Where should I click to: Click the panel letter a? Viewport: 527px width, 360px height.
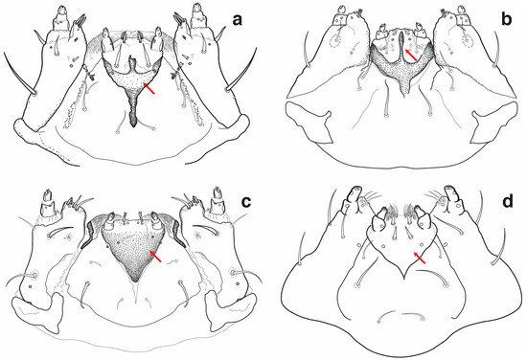(238, 20)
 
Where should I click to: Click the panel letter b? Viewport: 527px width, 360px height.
(507, 19)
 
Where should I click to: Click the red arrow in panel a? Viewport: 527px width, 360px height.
(149, 88)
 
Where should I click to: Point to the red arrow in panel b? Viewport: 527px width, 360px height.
(411, 56)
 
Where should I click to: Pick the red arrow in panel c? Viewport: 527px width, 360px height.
(155, 256)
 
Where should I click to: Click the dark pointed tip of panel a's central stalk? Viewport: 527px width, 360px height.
(134, 124)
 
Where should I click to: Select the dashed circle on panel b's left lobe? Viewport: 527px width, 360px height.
(335, 41)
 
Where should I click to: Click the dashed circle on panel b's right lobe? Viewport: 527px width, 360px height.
(469, 41)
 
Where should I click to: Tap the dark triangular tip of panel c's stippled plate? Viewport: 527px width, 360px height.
(136, 278)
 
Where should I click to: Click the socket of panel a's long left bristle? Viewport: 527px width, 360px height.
(34, 92)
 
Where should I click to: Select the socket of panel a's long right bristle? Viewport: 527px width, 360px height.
(229, 90)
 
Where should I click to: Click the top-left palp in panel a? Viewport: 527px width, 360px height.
(61, 18)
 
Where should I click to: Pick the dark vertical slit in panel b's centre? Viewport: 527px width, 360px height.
(401, 43)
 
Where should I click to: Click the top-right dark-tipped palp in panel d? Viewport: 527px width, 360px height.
(451, 194)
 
